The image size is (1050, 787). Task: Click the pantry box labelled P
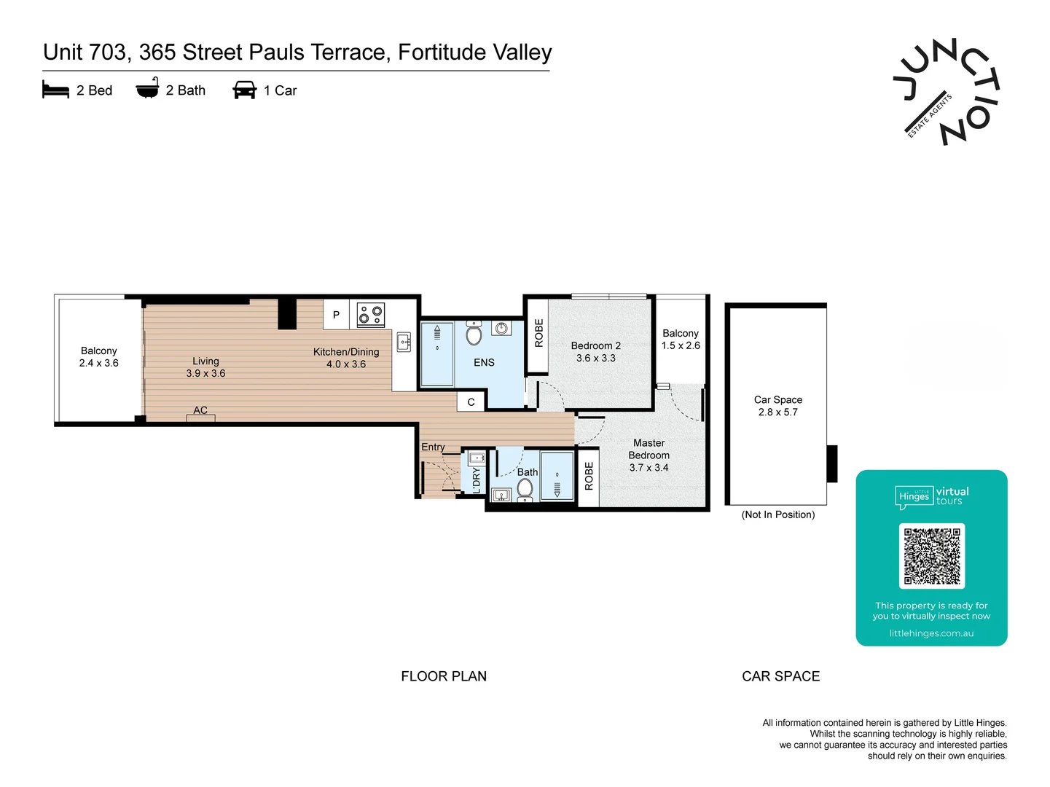click(336, 314)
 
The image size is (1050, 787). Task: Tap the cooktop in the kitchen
click(371, 315)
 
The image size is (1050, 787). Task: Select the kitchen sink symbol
click(404, 342)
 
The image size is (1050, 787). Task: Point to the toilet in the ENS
click(474, 333)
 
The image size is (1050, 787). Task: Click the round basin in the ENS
click(501, 328)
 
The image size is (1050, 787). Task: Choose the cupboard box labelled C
click(471, 402)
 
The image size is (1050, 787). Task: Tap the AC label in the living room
click(200, 410)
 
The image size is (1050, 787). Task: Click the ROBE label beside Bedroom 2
click(538, 333)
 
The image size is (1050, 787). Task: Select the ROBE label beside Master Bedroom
click(589, 476)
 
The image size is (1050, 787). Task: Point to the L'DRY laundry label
click(477, 480)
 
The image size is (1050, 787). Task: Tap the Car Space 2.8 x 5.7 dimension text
click(777, 412)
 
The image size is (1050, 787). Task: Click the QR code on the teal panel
click(931, 556)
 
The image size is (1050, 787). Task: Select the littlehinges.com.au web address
click(931, 633)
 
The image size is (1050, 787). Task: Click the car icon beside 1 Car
click(244, 90)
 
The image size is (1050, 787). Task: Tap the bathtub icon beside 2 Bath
click(147, 87)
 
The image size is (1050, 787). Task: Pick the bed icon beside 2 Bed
click(55, 90)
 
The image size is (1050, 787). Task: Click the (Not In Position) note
click(777, 514)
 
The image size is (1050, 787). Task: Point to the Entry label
click(433, 447)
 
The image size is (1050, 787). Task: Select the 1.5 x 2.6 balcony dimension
click(681, 345)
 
